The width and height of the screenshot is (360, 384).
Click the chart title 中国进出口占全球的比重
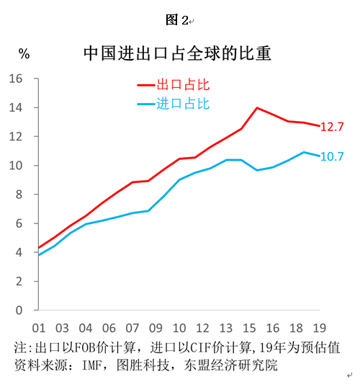179,53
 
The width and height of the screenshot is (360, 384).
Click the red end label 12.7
332,127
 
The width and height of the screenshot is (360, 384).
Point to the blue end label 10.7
332,156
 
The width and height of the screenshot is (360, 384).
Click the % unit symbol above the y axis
24,53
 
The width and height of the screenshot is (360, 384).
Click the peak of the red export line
257,108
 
